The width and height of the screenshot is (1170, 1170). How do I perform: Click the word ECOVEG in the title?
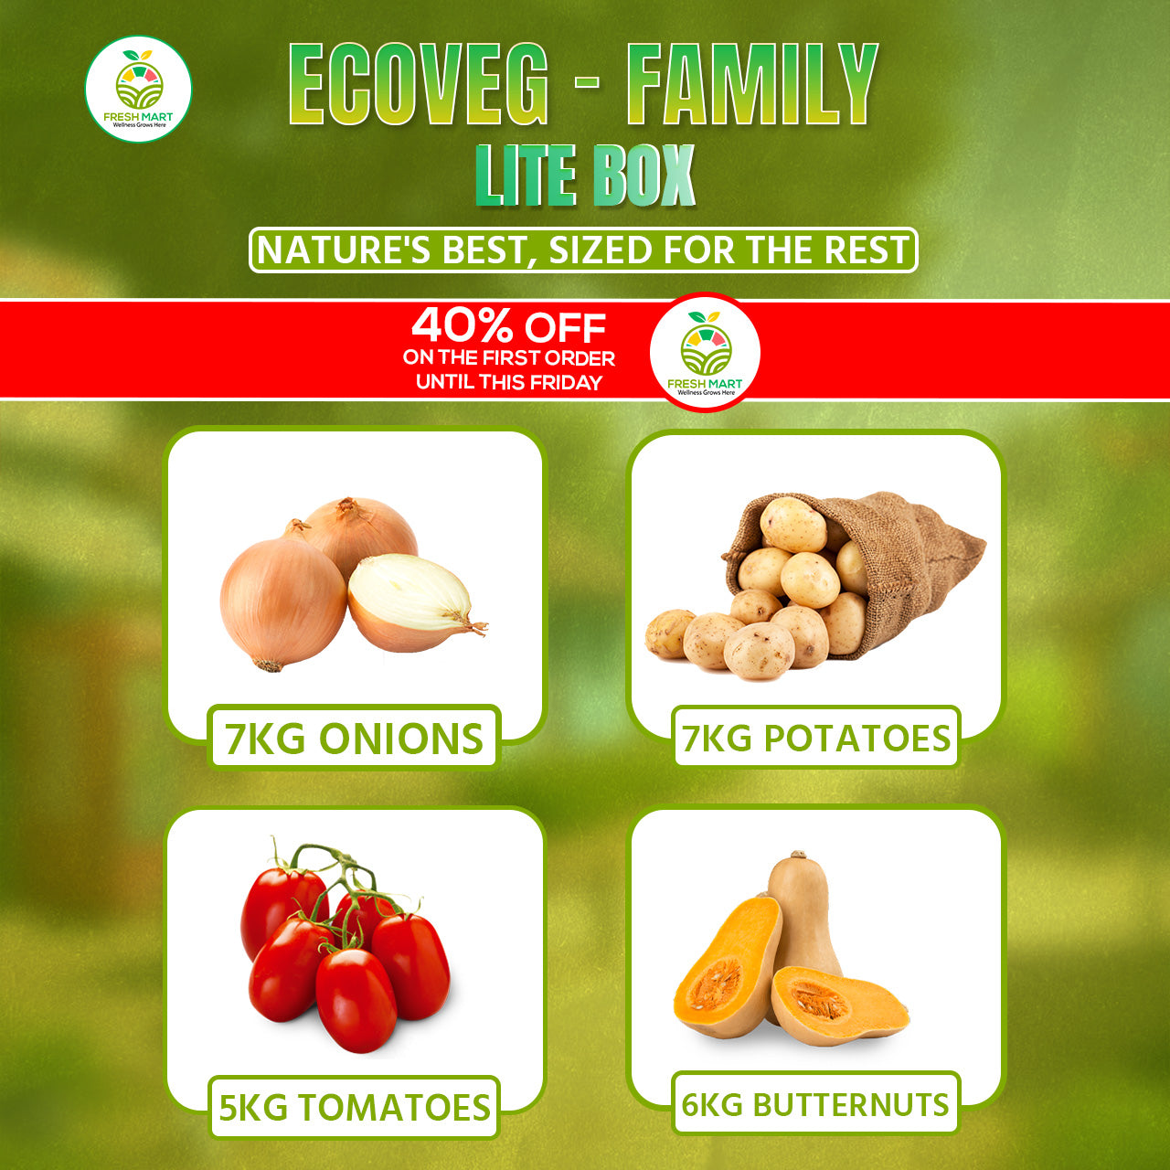tap(418, 84)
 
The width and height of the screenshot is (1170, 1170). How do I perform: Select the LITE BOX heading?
tap(585, 175)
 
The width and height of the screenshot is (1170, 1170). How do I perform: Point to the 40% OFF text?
tap(509, 327)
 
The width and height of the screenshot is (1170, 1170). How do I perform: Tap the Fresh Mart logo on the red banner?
tap(705, 352)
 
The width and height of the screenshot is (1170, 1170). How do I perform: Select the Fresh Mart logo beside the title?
tap(138, 90)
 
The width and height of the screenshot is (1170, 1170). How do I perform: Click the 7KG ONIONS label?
tap(354, 739)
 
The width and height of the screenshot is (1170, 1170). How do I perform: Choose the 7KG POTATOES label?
tap(815, 738)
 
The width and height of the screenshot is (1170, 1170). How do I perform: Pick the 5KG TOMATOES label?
tap(354, 1107)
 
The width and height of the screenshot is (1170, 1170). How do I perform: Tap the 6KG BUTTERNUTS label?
tap(815, 1104)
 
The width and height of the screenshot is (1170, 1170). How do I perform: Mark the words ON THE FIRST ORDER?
tap(509, 358)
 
